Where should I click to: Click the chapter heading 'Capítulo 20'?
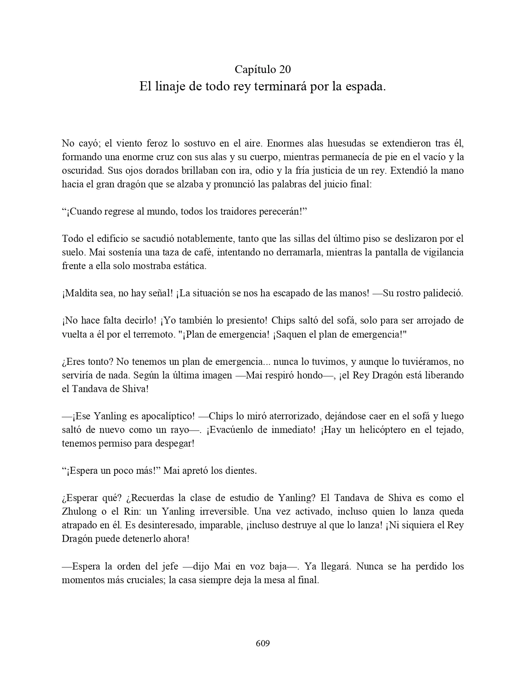click(x=263, y=69)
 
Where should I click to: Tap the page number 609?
click(x=263, y=643)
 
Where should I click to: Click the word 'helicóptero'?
click(x=371, y=430)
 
